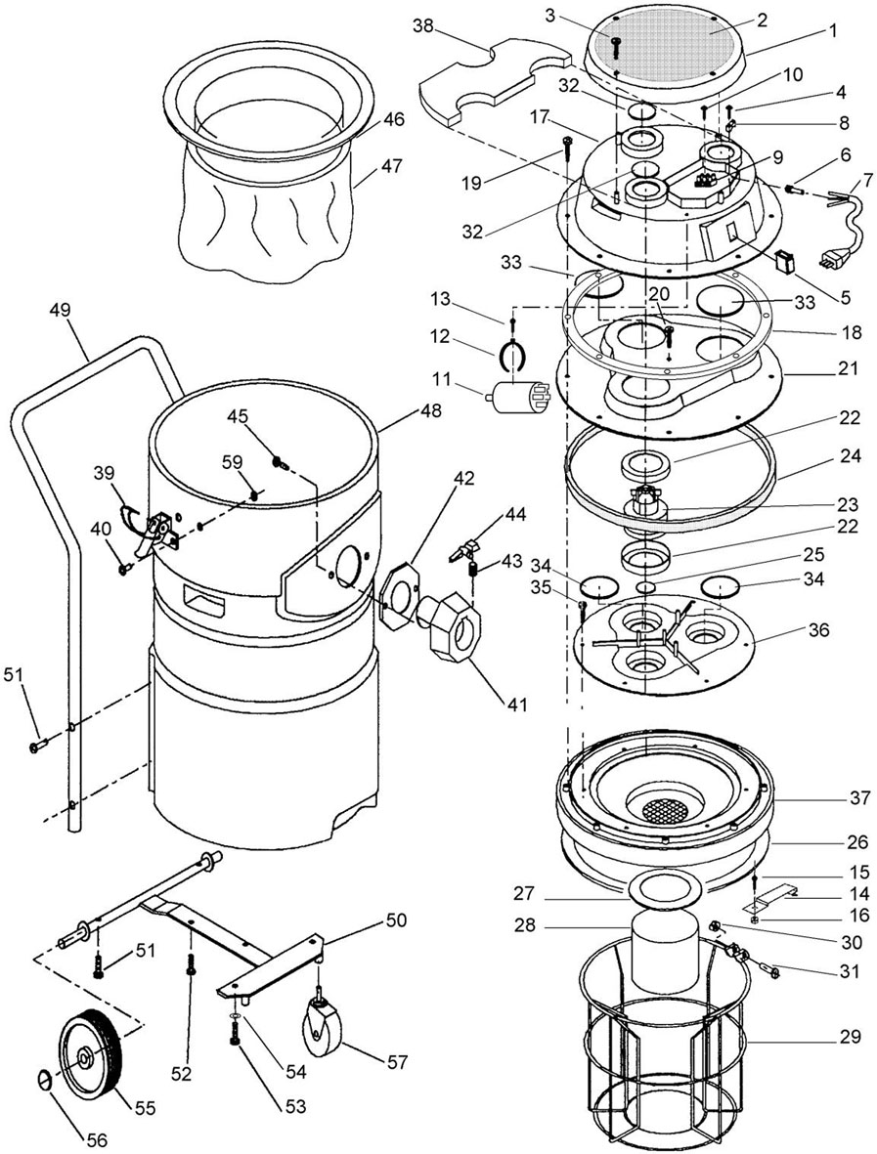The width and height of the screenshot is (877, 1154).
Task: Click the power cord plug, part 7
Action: [x=832, y=262]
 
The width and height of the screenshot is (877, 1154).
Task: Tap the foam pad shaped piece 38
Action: [x=494, y=82]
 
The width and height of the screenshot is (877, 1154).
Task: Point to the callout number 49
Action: [x=60, y=311]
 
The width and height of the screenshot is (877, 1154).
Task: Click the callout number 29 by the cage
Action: [x=849, y=1037]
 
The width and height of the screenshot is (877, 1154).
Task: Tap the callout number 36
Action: [x=818, y=630]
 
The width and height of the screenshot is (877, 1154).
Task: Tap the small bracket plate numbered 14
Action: [x=771, y=898]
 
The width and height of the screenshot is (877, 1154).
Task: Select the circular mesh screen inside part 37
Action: [x=665, y=811]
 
